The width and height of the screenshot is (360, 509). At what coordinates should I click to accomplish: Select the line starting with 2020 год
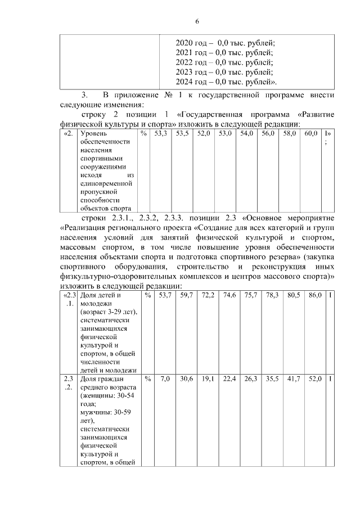(224, 43)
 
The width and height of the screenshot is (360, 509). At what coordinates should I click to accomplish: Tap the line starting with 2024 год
(227, 82)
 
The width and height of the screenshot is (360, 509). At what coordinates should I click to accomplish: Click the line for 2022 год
(224, 62)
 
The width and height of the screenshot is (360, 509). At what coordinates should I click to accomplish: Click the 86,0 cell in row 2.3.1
(311, 295)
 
